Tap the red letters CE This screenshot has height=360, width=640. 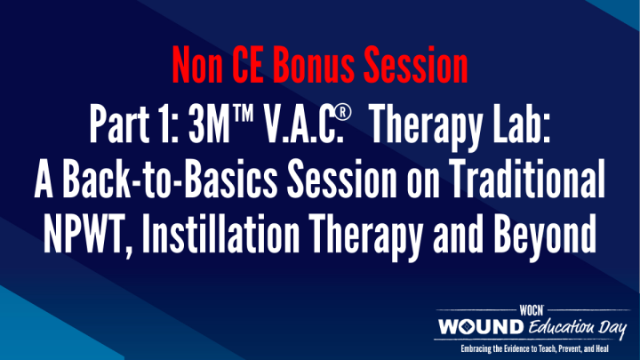pyautogui.click(x=251, y=64)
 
